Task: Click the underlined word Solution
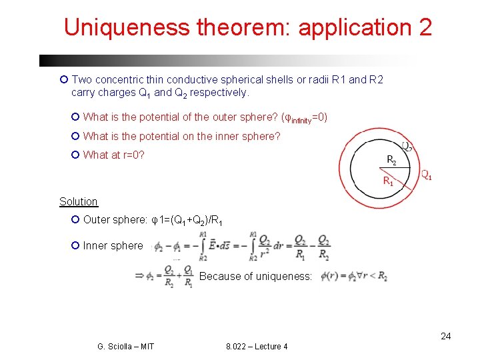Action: (78, 201)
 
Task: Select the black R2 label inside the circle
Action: (392, 160)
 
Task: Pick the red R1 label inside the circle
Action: (387, 181)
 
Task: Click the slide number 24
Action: (445, 336)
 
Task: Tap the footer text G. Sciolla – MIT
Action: (125, 347)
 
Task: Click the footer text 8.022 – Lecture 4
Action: (257, 347)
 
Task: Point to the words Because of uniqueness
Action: (255, 276)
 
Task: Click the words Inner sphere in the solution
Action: (113, 246)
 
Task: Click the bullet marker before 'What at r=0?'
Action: (75, 155)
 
